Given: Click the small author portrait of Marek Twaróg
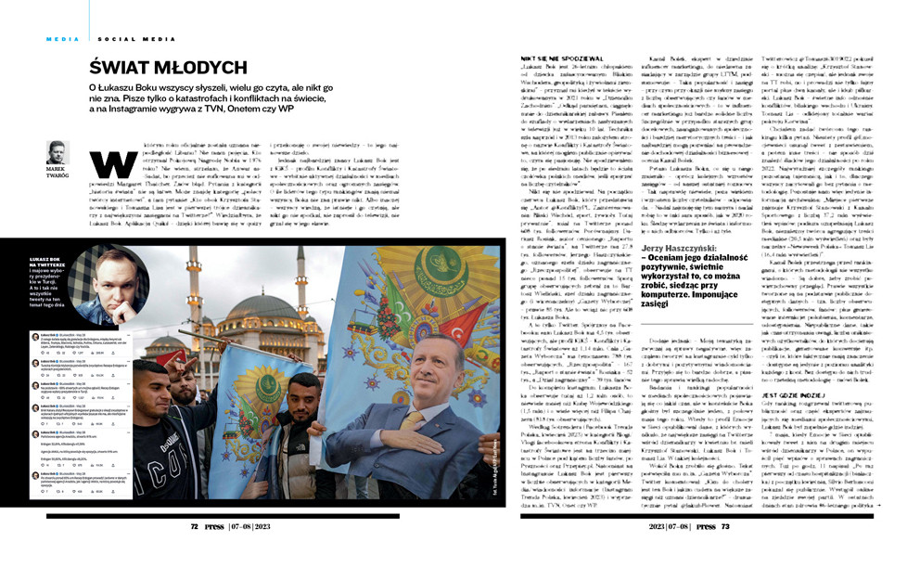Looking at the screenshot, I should pos(57,151).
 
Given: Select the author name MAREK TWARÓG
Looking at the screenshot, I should pos(56,174).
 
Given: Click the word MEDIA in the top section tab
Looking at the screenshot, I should pos(62,38).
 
